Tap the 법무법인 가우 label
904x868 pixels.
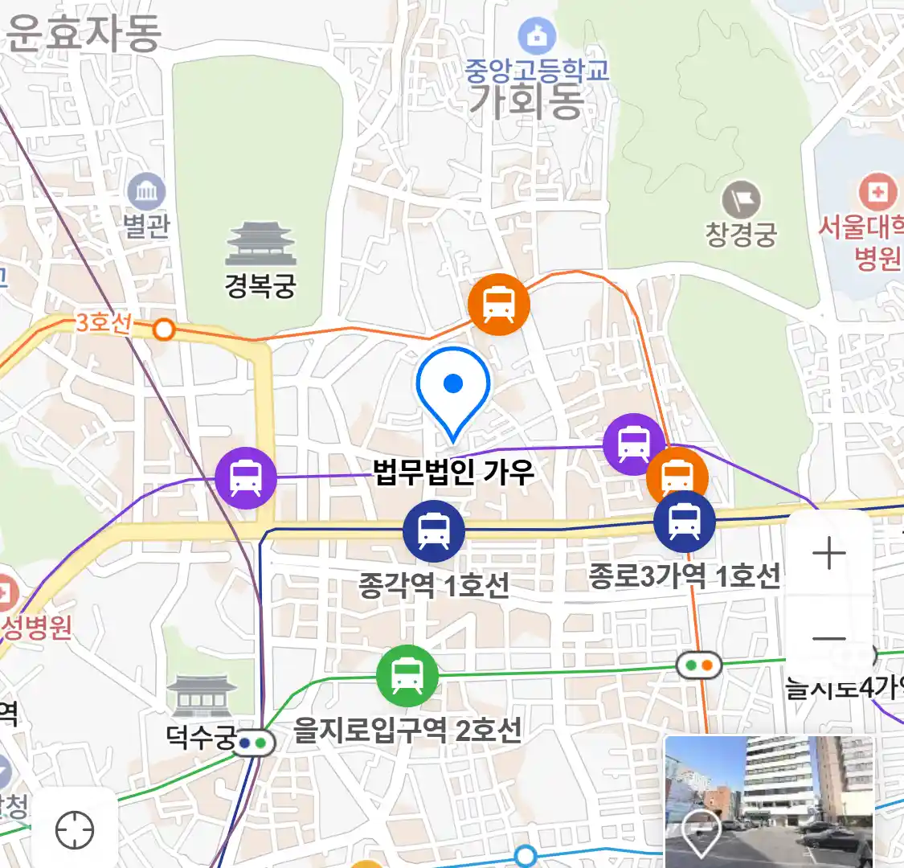coord(454,472)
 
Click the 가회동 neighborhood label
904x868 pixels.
coord(526,100)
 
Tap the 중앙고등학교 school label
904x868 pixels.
coord(537,70)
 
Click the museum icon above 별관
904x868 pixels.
coord(146,192)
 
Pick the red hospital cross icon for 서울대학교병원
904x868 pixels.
coord(877,193)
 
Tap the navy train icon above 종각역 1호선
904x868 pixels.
coord(434,531)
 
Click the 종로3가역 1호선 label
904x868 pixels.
coord(684,575)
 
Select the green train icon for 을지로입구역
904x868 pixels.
coord(407,676)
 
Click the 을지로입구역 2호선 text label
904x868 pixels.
coord(407,731)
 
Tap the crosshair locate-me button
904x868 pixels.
coord(75,829)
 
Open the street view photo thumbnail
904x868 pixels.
coord(769,801)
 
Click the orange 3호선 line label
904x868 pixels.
coord(104,323)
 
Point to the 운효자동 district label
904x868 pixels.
coord(84,34)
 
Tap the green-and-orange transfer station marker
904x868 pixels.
coord(698,665)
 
